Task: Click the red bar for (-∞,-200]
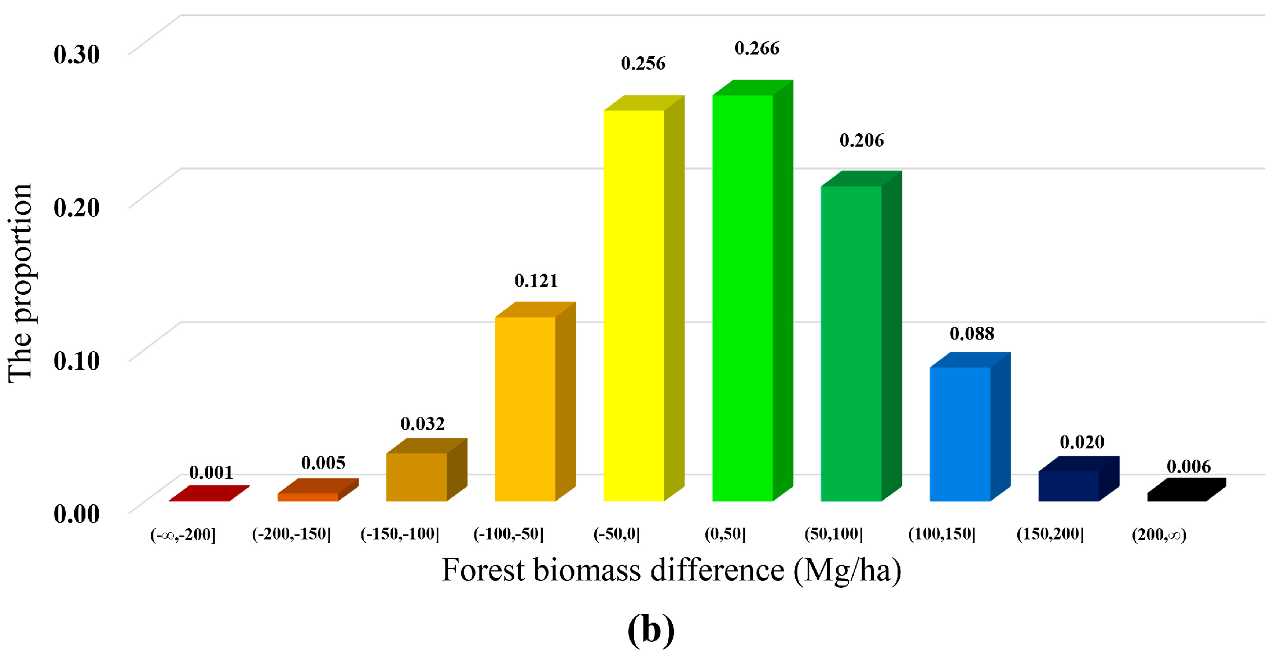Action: pyautogui.click(x=209, y=494)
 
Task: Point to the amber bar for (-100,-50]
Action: pyautogui.click(x=526, y=409)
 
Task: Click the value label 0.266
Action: pyautogui.click(x=756, y=49)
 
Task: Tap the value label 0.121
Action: pyautogui.click(x=536, y=281)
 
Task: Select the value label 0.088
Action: pyautogui.click(x=972, y=334)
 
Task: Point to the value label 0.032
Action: pyautogui.click(x=423, y=424)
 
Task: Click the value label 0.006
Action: pyautogui.click(x=1188, y=466)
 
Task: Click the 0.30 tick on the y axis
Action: pyautogui.click(x=76, y=55)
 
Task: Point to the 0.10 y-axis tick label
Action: pyautogui.click(x=76, y=361)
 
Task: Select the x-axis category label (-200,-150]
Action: pyautogui.click(x=291, y=534)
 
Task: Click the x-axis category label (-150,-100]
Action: pyautogui.click(x=400, y=534)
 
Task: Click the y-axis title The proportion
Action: pyautogui.click(x=20, y=284)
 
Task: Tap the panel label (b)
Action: pyautogui.click(x=650, y=630)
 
